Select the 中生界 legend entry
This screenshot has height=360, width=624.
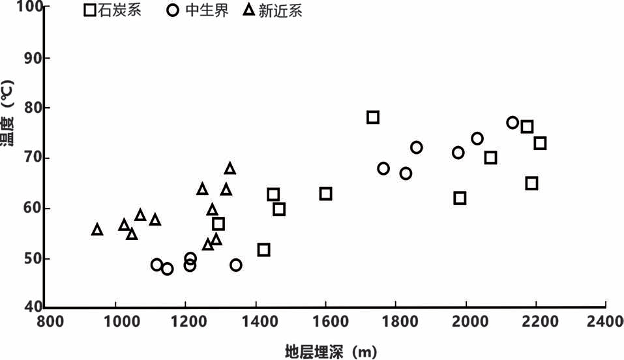click(198, 11)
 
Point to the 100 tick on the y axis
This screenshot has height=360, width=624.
click(31, 7)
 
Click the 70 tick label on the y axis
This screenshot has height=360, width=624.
click(34, 158)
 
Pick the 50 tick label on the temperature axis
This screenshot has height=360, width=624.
click(34, 258)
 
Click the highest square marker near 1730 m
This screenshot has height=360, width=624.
click(373, 117)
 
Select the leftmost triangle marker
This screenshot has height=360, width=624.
click(97, 229)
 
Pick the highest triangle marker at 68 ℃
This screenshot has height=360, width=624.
click(230, 168)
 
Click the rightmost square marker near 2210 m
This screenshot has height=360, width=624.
click(540, 143)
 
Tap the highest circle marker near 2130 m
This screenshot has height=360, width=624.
click(513, 123)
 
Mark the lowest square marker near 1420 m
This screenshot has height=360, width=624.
click(263, 250)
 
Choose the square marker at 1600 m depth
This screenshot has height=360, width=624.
click(325, 194)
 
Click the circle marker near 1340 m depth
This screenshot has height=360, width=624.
click(235, 265)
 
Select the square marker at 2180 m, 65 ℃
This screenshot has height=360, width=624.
click(531, 183)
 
